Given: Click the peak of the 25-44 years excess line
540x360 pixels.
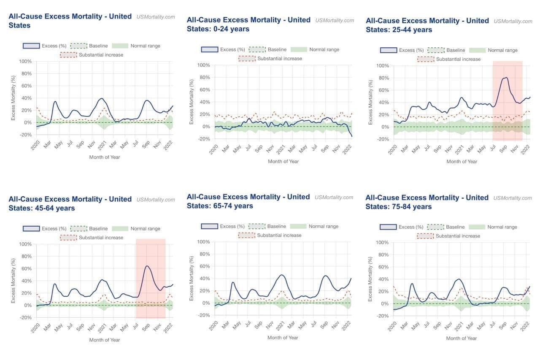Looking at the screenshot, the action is click(506, 77).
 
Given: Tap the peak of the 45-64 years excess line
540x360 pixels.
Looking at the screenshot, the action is click(147, 266).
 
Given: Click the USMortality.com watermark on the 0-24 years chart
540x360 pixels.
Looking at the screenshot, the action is click(335, 21).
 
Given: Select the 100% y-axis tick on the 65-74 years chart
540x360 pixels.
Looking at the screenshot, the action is click(203, 241).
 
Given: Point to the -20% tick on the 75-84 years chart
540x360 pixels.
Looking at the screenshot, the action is click(382, 316).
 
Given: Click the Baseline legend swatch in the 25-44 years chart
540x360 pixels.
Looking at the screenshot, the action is click(436, 50).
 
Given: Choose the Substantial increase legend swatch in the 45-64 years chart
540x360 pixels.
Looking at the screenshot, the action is click(68, 238).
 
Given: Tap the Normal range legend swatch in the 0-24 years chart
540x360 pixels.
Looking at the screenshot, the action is click(299, 49).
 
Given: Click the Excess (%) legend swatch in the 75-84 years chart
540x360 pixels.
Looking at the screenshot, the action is click(388, 227).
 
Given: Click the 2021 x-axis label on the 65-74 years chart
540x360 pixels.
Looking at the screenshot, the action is click(281, 325).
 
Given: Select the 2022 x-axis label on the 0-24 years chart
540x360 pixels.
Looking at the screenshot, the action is click(347, 150).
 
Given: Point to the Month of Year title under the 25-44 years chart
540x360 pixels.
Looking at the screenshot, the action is click(462, 162).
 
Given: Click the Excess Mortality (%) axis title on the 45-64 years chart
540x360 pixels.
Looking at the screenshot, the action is click(13, 281).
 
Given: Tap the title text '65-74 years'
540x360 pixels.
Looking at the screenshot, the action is click(233, 206).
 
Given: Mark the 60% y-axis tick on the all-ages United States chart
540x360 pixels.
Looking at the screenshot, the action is click(27, 86).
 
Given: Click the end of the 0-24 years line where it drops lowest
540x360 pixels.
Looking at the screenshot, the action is click(352, 136).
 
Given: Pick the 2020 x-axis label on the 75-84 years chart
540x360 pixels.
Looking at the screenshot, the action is click(392, 326).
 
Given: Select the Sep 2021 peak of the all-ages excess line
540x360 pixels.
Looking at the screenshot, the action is click(146, 100).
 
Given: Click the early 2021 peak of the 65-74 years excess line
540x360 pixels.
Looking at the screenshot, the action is click(281, 275).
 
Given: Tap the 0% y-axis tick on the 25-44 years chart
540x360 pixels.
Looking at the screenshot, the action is click(385, 127).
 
